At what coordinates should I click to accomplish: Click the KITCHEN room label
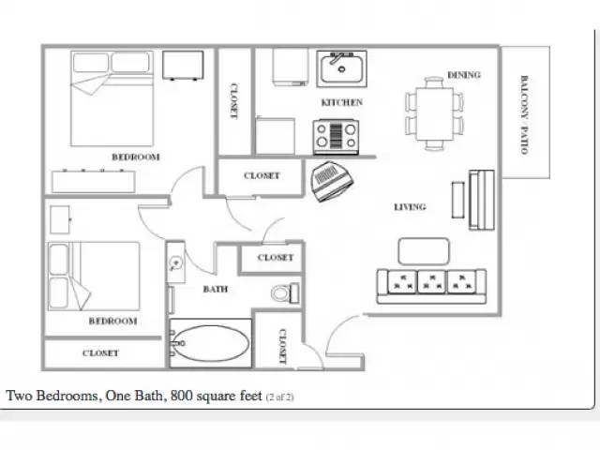click(x=341, y=102)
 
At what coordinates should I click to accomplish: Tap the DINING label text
click(x=464, y=75)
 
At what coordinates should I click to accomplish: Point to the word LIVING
click(x=410, y=207)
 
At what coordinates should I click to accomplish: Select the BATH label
click(x=216, y=289)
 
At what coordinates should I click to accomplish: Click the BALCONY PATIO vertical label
click(x=524, y=114)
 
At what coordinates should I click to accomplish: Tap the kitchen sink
click(x=341, y=68)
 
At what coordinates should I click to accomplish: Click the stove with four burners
click(x=336, y=137)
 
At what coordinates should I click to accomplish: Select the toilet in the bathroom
click(x=285, y=293)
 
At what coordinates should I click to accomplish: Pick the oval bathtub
click(x=210, y=343)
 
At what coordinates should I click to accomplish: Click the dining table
click(x=434, y=114)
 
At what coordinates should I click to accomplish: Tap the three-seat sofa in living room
click(x=431, y=287)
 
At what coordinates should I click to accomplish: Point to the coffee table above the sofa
click(x=424, y=251)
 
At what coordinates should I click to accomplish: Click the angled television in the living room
click(x=332, y=181)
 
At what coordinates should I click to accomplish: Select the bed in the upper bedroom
click(x=112, y=98)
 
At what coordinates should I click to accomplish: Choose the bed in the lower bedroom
click(x=94, y=276)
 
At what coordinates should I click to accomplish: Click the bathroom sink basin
click(x=175, y=262)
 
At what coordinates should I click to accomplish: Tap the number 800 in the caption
click(x=182, y=396)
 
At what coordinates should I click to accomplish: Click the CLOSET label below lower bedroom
click(x=100, y=352)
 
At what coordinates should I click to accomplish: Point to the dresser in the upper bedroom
click(x=94, y=181)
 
